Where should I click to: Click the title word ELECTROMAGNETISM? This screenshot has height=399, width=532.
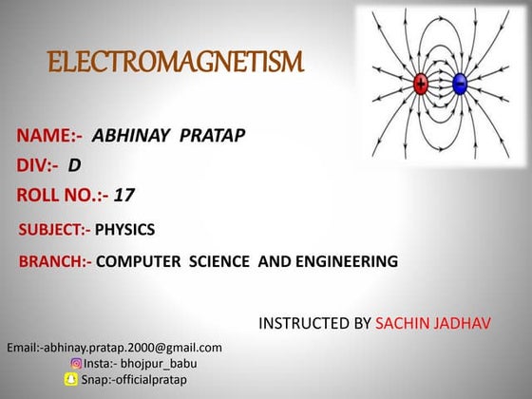point(176,65)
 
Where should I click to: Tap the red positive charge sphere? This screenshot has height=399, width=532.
point(421,84)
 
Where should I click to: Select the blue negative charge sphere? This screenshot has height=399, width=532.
point(460,84)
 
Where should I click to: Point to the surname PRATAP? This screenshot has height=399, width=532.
point(211,136)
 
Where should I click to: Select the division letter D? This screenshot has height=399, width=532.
point(73,165)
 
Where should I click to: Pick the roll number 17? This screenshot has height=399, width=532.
point(124,196)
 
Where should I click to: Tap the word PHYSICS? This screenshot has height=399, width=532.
point(124,229)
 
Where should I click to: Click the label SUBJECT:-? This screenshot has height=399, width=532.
point(55,229)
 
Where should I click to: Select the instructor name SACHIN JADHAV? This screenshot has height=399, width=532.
point(433,324)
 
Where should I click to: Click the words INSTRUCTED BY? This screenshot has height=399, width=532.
point(315,324)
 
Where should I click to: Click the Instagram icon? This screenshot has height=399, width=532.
point(76,363)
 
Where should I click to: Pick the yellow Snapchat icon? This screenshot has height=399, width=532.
point(70,379)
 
